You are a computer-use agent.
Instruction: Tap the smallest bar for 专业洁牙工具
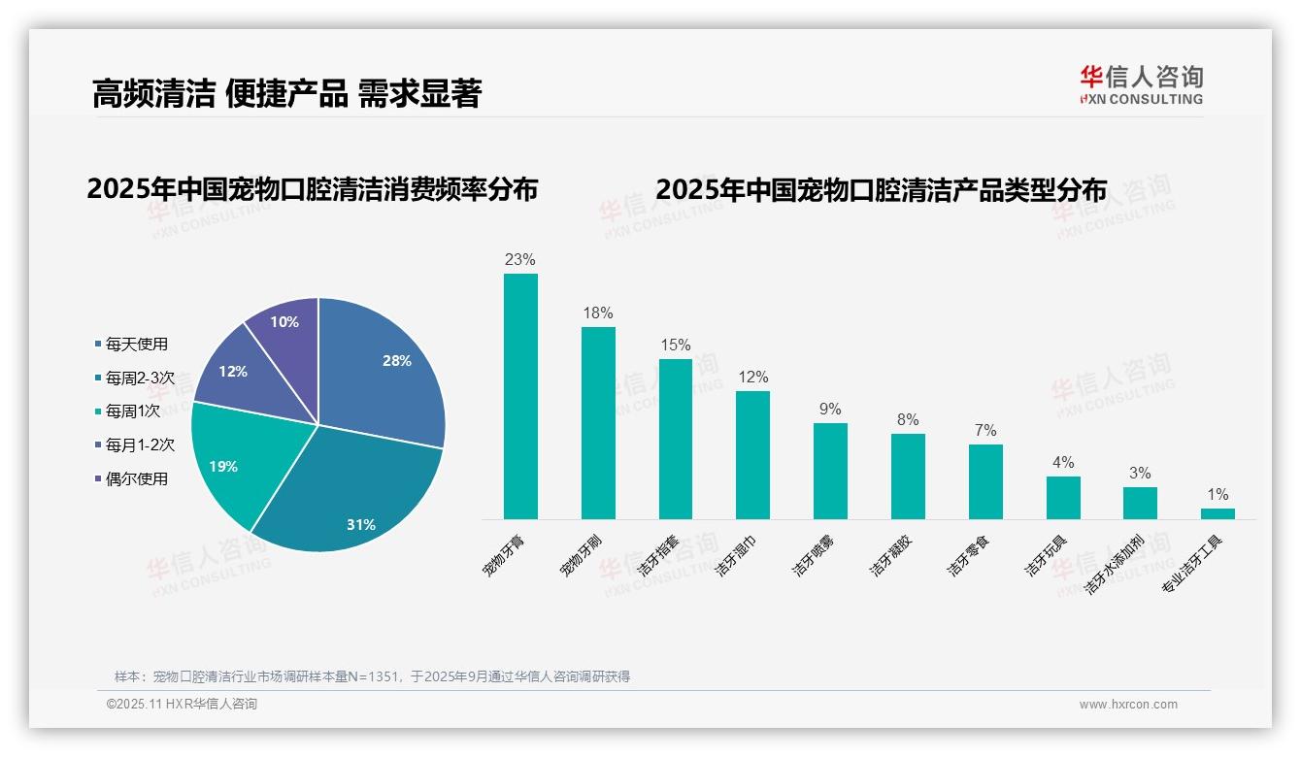coord(1218,513)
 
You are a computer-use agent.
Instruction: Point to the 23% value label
coord(520,260)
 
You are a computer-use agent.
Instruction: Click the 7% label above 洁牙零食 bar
coord(985,431)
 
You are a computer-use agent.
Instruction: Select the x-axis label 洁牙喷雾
coord(814,555)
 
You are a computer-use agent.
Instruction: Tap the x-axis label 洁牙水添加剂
coord(1115,563)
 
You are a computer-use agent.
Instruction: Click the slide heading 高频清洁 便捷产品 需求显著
coord(286,93)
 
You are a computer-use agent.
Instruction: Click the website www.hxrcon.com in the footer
coord(1127,705)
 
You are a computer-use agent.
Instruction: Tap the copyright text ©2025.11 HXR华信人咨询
coord(182,705)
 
